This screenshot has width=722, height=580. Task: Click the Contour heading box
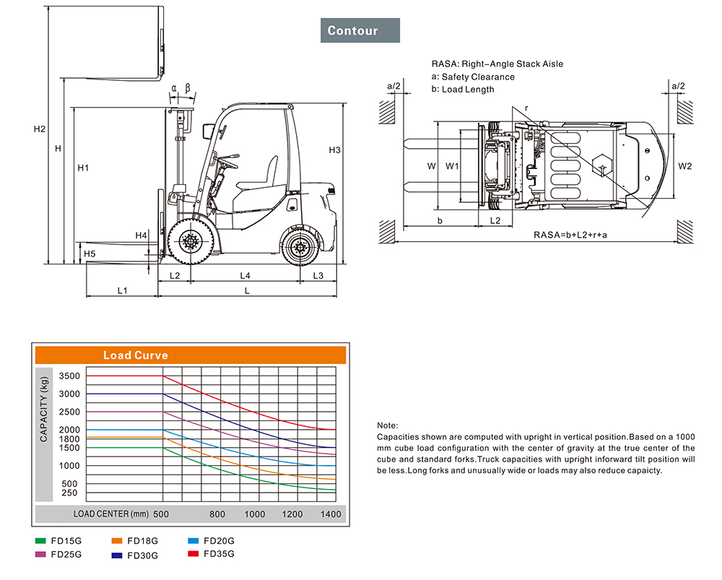tap(360, 30)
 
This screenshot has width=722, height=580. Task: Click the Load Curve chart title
tap(136, 355)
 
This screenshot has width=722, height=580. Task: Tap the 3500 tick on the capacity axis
tap(69, 376)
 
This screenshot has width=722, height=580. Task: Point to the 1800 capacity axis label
tap(69, 439)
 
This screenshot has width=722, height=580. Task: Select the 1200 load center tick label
tap(292, 514)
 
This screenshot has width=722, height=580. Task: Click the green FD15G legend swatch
tap(40, 541)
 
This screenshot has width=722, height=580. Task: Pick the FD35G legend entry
tap(212, 554)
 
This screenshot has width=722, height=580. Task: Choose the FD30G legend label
tap(143, 555)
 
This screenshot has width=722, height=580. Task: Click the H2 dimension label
tap(40, 129)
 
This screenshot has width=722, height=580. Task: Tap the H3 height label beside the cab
tap(335, 150)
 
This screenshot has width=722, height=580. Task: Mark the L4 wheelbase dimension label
tap(245, 275)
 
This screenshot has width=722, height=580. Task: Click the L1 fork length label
tap(123, 290)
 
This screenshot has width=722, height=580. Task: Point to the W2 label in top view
tap(685, 166)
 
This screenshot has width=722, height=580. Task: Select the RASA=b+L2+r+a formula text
tap(570, 235)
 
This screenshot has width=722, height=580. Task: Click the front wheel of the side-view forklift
tap(190, 241)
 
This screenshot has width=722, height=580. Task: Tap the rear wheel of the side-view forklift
tap(300, 248)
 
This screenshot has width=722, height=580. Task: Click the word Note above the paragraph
tap(387, 425)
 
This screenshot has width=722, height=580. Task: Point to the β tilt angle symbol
tap(188, 87)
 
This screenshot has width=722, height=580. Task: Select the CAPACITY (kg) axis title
tap(44, 410)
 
